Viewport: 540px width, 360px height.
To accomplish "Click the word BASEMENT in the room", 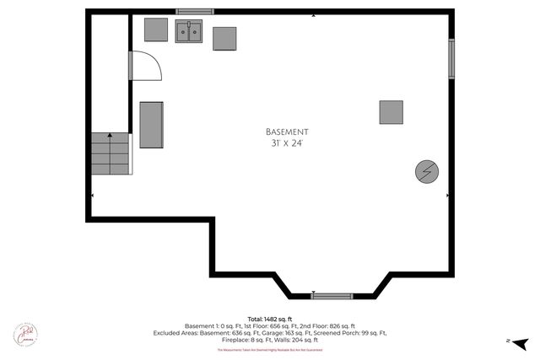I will (287, 132).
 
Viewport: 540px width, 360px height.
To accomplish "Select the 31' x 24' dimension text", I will (287, 144).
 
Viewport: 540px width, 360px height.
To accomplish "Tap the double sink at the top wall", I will (189, 32).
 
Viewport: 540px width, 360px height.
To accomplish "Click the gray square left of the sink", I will (156, 30).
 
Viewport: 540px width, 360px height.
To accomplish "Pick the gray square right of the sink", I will (224, 39).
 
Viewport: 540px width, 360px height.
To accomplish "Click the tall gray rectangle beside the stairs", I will (151, 125).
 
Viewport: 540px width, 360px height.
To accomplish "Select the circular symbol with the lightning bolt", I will (427, 172).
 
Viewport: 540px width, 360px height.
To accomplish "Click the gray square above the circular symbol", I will (391, 112).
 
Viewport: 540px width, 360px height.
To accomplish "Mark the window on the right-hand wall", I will (451, 56).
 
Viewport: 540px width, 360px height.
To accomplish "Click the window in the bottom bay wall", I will (332, 296).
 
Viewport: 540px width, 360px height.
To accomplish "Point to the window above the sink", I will (194, 11).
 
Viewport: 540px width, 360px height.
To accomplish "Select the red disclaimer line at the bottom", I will (270, 349).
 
